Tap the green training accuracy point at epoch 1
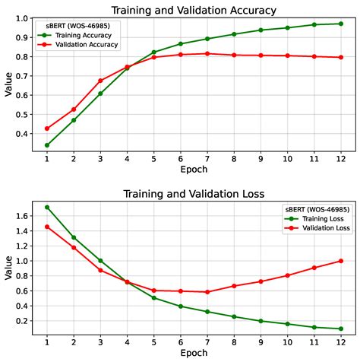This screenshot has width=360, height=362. pyautogui.click(x=47, y=144)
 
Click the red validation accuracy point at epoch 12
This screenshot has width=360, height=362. pyautogui.click(x=340, y=57)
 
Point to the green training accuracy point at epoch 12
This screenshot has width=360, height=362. pyautogui.click(x=340, y=24)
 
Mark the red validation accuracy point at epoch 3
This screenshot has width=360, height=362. pyautogui.click(x=100, y=80)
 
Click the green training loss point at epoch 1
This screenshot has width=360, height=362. pyautogui.click(x=47, y=207)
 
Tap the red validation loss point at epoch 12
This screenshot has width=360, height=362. pyautogui.click(x=340, y=261)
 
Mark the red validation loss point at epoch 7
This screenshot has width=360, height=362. pyautogui.click(x=207, y=292)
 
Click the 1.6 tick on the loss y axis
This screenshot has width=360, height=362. pyautogui.click(x=21, y=216)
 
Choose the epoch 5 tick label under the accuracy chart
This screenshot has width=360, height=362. pyautogui.click(x=153, y=158)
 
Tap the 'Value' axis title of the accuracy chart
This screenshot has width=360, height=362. pyautogui.click(x=8, y=84)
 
